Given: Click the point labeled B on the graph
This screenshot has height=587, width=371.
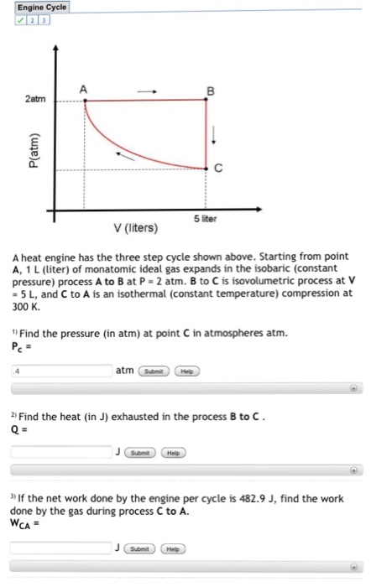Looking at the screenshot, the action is click(x=208, y=101).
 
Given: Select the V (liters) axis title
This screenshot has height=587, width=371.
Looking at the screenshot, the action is click(x=138, y=227).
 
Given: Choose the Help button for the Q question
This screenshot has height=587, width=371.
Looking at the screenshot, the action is click(x=174, y=451).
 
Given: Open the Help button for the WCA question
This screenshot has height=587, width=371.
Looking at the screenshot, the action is click(x=174, y=548).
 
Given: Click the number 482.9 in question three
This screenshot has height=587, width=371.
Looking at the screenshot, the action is click(x=241, y=498).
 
